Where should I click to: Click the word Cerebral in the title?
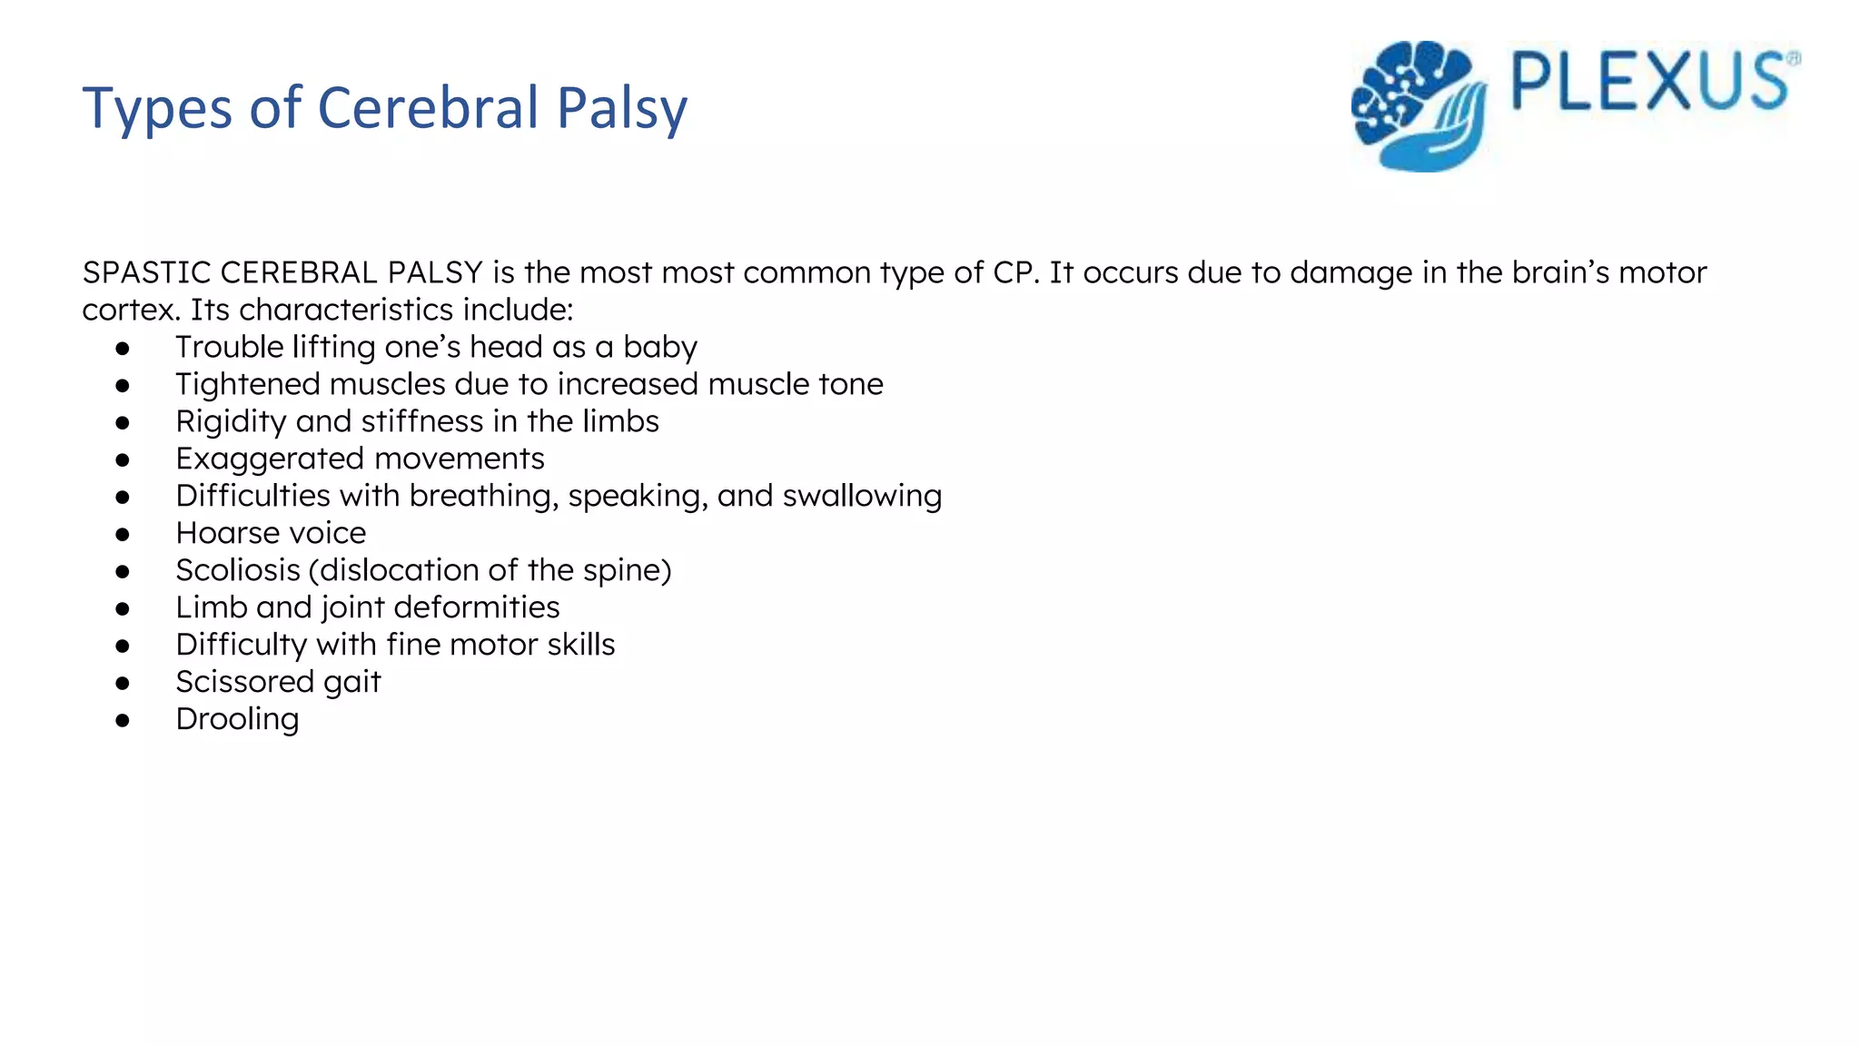428,107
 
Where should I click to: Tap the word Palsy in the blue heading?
622,109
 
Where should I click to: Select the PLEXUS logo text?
1649,83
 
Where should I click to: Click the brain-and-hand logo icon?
1419,105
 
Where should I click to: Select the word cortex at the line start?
130,310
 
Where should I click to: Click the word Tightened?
248,384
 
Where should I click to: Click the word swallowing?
862,496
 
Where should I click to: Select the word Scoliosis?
238,570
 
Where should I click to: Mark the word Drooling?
237,719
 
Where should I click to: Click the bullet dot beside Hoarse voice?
123,534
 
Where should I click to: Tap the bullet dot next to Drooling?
123,720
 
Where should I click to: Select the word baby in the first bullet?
659,347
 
